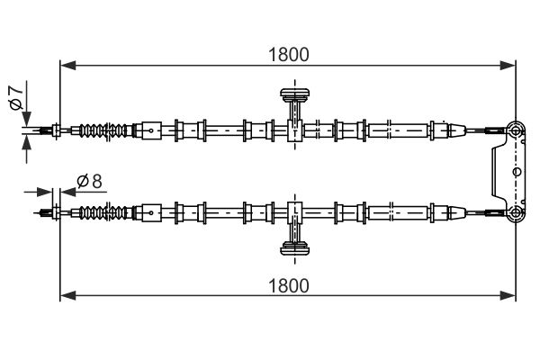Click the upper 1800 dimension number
pos(289,53)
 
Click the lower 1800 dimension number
pos(289,285)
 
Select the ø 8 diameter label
pos(89,180)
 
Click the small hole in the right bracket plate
pos(516,169)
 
